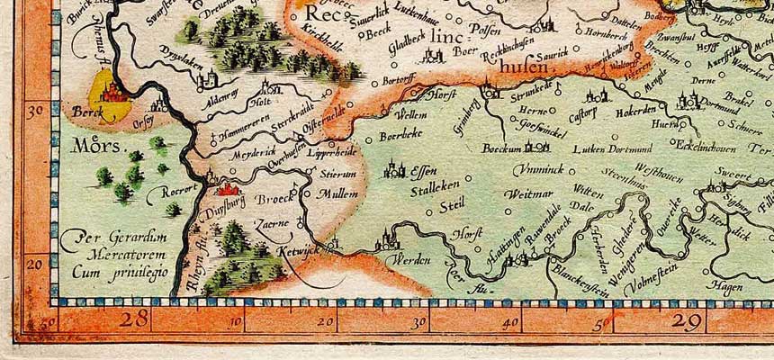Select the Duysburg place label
[x=222, y=202]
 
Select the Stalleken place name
[x=435, y=191]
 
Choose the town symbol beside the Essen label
[x=393, y=167]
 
